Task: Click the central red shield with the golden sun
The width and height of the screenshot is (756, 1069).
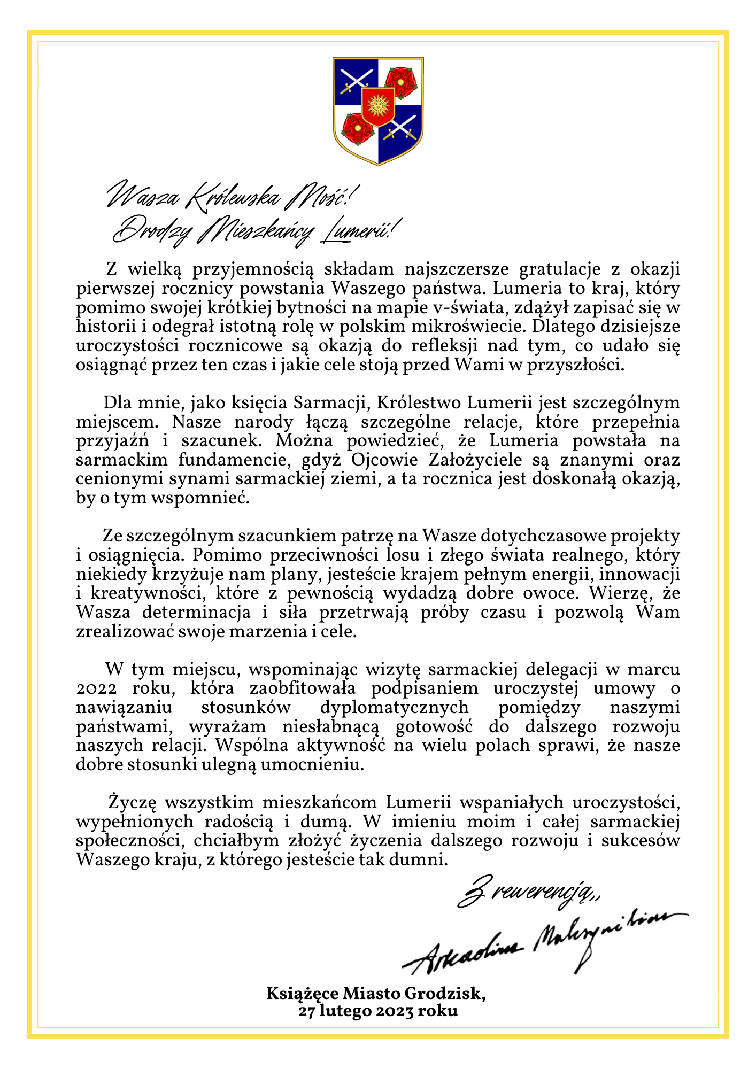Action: pyautogui.click(x=378, y=106)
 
